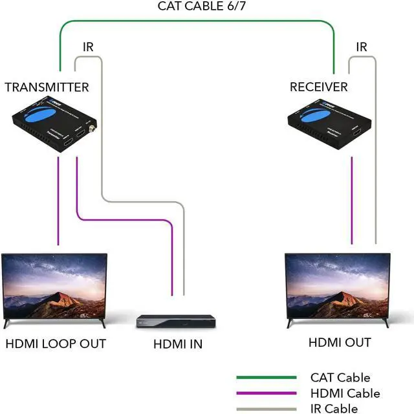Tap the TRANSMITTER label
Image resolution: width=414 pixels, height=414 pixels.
click(x=47, y=87)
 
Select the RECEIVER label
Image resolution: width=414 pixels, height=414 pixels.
click(x=319, y=87)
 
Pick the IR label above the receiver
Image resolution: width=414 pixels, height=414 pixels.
click(x=362, y=47)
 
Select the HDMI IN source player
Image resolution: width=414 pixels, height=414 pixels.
click(x=175, y=321)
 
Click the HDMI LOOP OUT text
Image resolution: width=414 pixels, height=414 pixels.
click(x=56, y=344)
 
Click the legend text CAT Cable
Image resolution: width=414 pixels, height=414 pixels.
click(x=340, y=378)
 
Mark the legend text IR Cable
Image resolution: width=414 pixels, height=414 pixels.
click(x=334, y=409)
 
